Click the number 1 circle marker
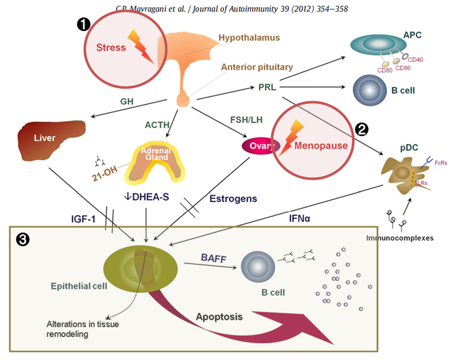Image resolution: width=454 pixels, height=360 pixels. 83,24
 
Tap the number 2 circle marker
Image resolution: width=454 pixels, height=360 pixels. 361,129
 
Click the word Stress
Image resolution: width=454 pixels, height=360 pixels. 111,47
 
